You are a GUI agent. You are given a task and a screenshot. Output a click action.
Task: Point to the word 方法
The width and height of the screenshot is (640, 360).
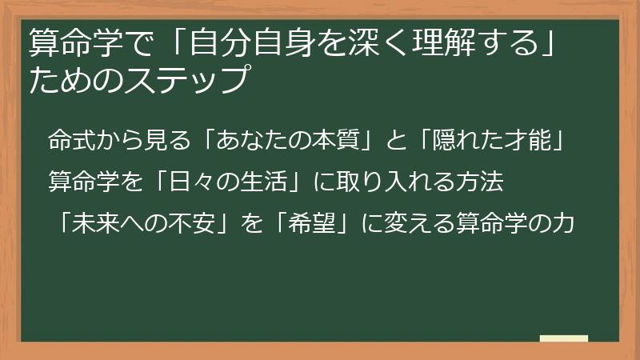482,182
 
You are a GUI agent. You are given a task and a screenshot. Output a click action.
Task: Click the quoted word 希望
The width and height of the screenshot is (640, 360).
308,223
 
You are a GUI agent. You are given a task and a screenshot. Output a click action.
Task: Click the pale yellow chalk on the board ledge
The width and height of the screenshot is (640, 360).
564,338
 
